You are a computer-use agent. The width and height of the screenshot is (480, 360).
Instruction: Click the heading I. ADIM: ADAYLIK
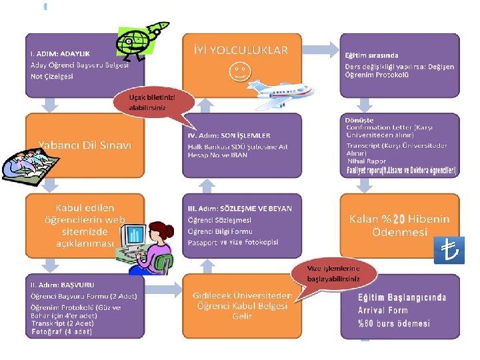(x=60, y=53)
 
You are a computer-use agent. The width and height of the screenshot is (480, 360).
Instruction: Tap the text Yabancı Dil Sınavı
(x=85, y=145)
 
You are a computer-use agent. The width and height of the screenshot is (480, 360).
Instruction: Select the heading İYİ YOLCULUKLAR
(x=241, y=50)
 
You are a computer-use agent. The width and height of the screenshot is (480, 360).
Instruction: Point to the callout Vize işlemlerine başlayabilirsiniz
(x=333, y=273)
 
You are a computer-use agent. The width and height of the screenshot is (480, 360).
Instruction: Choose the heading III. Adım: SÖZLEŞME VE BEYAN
(x=239, y=209)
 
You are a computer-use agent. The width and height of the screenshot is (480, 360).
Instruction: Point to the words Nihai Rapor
(x=367, y=161)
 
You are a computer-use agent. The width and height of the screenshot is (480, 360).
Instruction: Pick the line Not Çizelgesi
(x=52, y=76)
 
